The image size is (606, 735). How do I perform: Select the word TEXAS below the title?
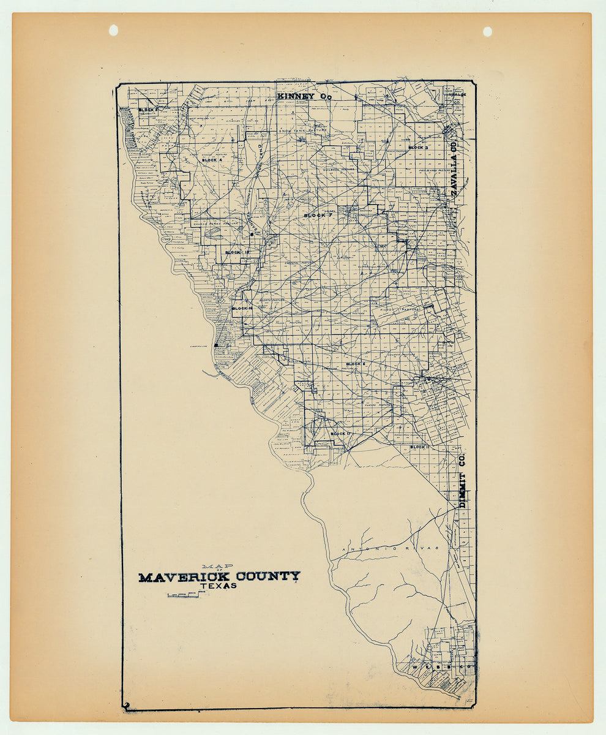pyautogui.click(x=218, y=586)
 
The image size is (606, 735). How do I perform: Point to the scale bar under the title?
pyautogui.click(x=184, y=595)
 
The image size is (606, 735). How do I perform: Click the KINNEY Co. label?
pyautogui.click(x=304, y=96)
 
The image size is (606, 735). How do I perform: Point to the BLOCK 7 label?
pyautogui.click(x=318, y=216)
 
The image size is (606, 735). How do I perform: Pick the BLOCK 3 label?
pyautogui.click(x=417, y=148)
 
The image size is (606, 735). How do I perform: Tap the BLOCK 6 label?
pyautogui.click(x=355, y=364)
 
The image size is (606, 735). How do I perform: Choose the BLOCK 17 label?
pyautogui.click(x=340, y=434)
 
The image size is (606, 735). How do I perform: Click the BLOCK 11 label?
pyautogui.click(x=420, y=447)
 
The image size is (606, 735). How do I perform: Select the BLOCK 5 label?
pyautogui.click(x=148, y=110)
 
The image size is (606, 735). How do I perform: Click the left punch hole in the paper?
pyautogui.click(x=113, y=30)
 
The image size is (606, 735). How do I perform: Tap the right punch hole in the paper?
pyautogui.click(x=487, y=31)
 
